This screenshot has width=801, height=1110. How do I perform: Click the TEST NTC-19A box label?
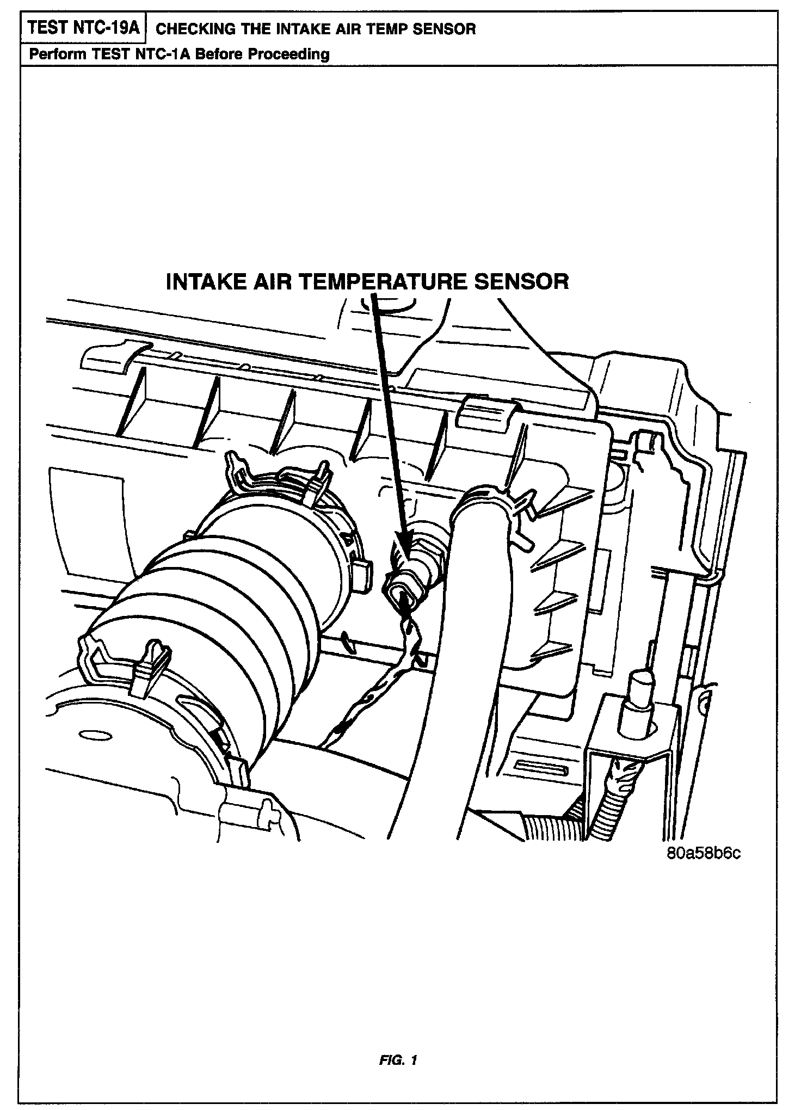tap(83, 28)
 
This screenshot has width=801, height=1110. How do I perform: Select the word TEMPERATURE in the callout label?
tap(381, 282)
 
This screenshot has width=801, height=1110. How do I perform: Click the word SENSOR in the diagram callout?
tap(521, 282)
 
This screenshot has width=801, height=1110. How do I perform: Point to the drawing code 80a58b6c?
tap(704, 853)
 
